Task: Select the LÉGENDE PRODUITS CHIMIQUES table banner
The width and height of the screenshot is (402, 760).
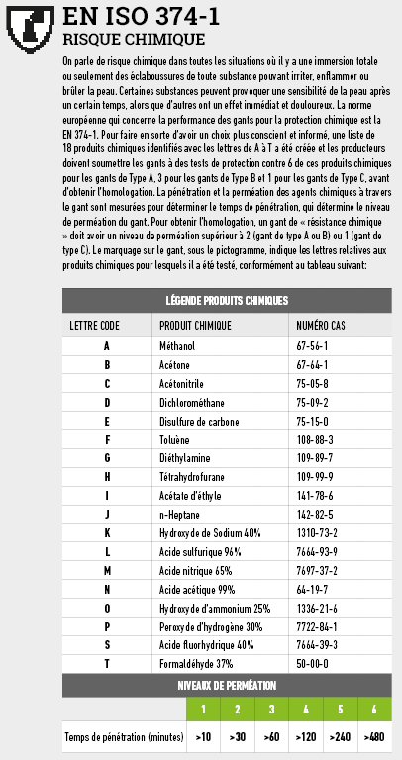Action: [227, 300]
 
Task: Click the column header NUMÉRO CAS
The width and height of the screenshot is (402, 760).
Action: [323, 325]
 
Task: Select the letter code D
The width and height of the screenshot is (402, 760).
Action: [106, 403]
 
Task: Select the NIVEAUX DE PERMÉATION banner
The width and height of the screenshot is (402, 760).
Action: [227, 685]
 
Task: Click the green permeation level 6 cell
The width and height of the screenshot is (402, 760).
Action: [373, 710]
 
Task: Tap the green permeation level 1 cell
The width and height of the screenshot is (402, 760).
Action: [202, 710]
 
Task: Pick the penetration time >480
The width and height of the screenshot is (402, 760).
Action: [373, 737]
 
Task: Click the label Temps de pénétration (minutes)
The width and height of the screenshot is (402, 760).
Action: [124, 737]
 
